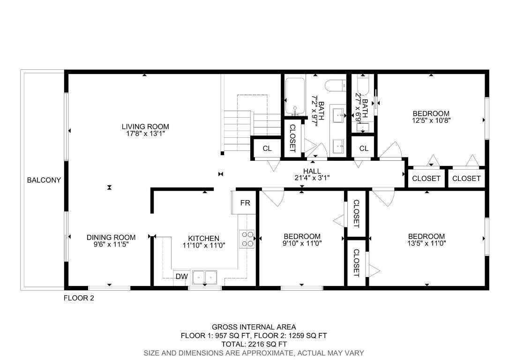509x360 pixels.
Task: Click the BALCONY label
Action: click(44, 180)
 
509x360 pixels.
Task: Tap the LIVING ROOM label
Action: click(145, 127)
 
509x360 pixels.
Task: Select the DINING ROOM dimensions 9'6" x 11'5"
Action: click(111, 244)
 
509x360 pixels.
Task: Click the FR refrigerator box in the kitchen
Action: click(245, 203)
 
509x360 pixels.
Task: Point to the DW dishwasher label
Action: click(181, 277)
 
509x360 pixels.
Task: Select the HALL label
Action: click(312, 171)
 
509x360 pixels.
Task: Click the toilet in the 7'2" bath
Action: click(335, 86)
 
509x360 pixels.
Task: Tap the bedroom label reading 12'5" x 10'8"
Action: click(431, 120)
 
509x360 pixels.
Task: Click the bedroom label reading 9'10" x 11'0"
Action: click(302, 243)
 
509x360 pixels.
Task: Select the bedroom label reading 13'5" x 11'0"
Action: click(426, 243)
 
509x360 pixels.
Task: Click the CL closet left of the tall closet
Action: click(267, 149)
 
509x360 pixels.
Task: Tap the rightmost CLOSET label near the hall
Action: click(466, 178)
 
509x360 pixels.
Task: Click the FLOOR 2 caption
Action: click(79, 298)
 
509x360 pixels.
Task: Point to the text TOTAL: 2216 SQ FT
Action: click(254, 344)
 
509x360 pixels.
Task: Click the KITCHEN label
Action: click(204, 238)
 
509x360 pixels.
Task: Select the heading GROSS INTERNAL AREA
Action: click(254, 327)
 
